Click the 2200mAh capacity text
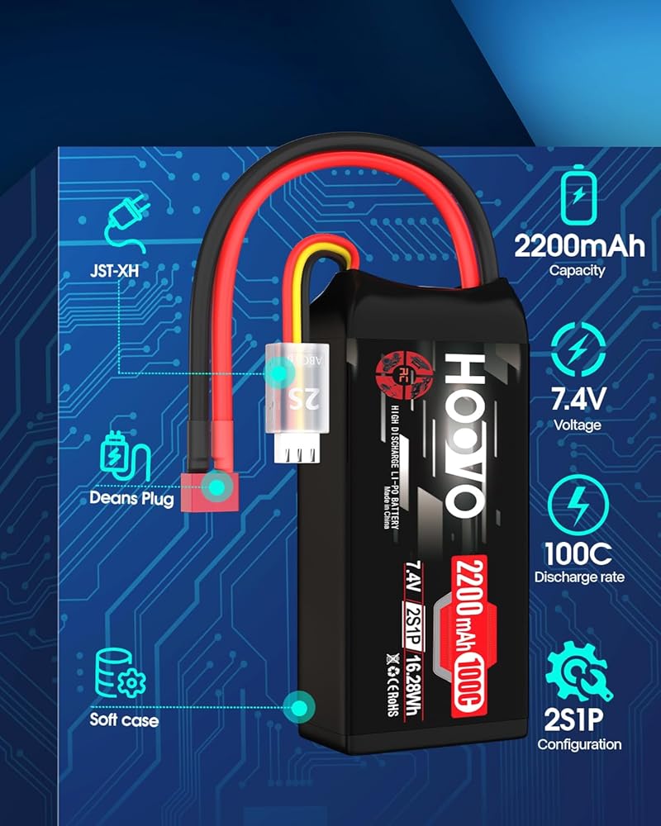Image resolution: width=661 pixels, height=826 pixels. [579, 245]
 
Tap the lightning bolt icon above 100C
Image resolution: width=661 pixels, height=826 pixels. [578, 501]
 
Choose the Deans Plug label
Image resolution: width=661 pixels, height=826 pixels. [132, 499]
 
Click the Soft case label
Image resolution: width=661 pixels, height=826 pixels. [124, 720]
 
